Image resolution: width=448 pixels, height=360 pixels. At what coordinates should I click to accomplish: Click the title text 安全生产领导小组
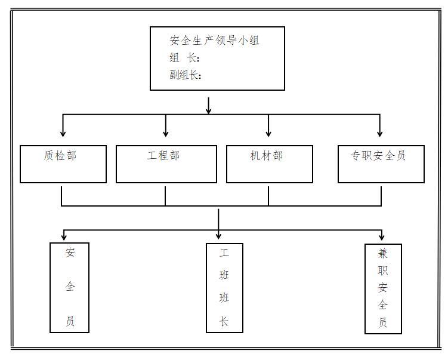tap(215, 41)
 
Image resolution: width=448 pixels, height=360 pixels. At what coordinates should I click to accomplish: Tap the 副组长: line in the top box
tap(186, 75)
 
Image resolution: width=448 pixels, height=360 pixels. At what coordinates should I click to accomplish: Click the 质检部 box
tap(63, 164)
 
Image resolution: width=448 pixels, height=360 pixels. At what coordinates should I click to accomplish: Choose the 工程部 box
tap(166, 164)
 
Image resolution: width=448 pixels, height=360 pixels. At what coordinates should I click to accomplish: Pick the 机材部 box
tap(269, 164)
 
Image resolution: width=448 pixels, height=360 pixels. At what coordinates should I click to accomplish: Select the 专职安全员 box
tap(381, 164)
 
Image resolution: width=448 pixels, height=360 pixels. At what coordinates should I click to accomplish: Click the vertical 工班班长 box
tap(224, 287)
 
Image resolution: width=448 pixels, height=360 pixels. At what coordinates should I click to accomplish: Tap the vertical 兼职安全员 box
tap(382, 288)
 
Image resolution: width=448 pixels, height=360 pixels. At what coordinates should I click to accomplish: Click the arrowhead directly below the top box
tap(209, 110)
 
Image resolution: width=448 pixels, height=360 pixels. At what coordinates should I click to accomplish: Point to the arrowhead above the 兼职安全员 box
tap(382, 237)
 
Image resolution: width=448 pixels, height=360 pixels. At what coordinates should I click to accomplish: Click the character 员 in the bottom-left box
tap(70, 322)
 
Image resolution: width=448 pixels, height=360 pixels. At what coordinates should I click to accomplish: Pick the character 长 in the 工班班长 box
tap(224, 322)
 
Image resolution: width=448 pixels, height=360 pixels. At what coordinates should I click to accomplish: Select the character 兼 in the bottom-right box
tap(382, 253)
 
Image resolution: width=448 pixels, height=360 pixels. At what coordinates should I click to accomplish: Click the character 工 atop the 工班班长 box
tap(224, 253)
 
